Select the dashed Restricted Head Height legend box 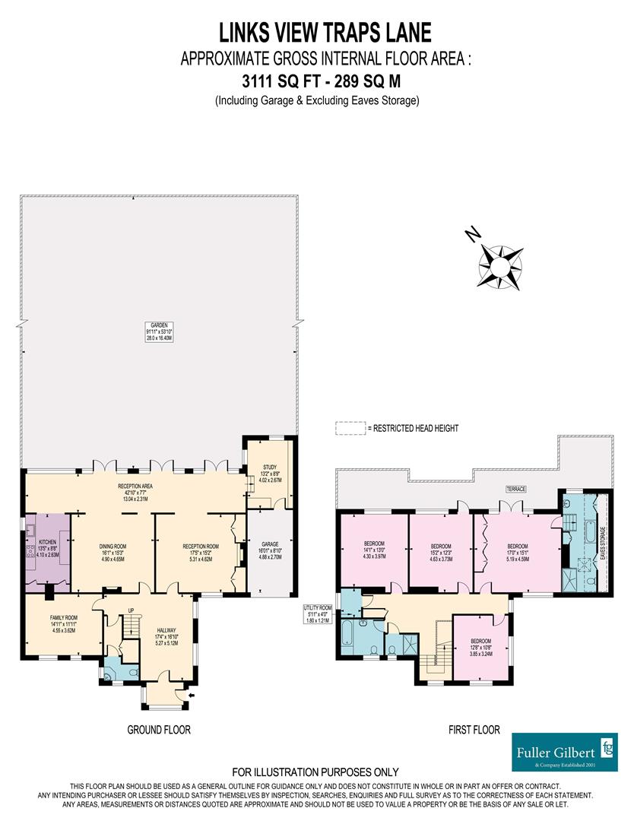coord(350,429)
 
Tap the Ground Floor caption coord(158,729)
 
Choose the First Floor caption coord(473,729)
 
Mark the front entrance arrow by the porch coord(189,693)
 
